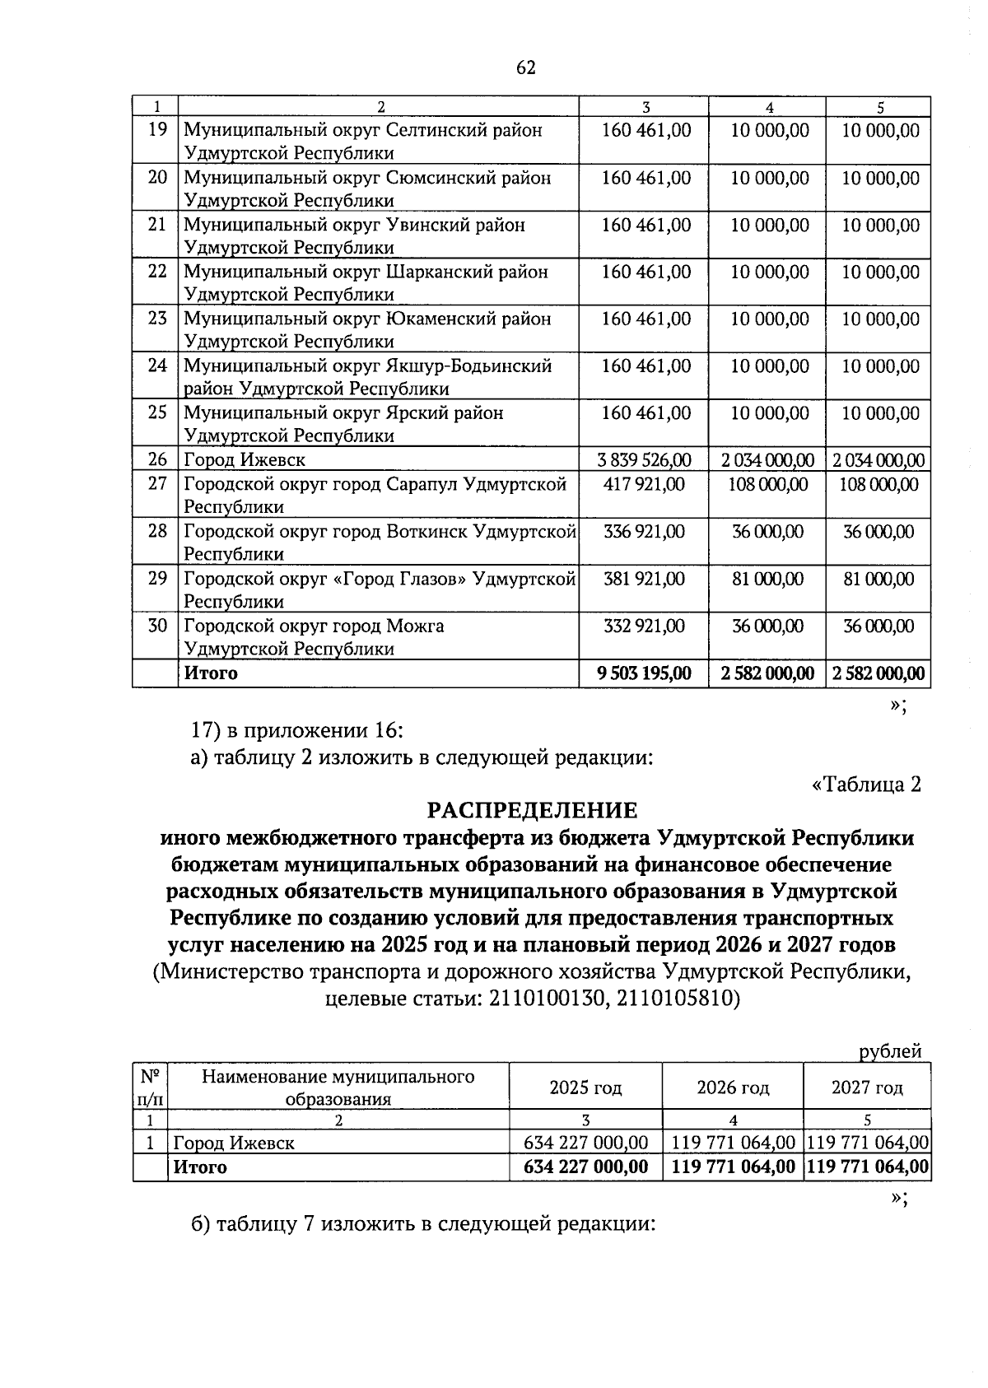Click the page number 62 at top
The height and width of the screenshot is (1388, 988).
click(x=526, y=68)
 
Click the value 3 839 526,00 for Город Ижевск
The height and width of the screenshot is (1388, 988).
click(x=646, y=460)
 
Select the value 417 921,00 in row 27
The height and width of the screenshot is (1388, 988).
click(x=644, y=484)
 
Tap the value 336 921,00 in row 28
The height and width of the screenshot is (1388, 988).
click(x=644, y=532)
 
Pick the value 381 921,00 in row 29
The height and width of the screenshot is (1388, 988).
click(x=644, y=579)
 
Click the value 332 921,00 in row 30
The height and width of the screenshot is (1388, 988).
click(x=644, y=626)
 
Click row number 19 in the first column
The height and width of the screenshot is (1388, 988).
click(x=156, y=130)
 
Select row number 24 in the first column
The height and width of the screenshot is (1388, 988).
click(x=156, y=366)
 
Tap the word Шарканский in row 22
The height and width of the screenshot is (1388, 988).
click(x=437, y=272)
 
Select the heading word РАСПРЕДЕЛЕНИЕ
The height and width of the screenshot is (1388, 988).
click(x=532, y=811)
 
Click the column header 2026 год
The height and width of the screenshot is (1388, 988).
click(x=733, y=1088)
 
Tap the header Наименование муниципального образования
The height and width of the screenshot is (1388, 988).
click(x=338, y=1088)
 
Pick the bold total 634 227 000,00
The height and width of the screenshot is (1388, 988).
click(x=586, y=1167)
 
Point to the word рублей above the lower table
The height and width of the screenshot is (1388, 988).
click(x=890, y=1050)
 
